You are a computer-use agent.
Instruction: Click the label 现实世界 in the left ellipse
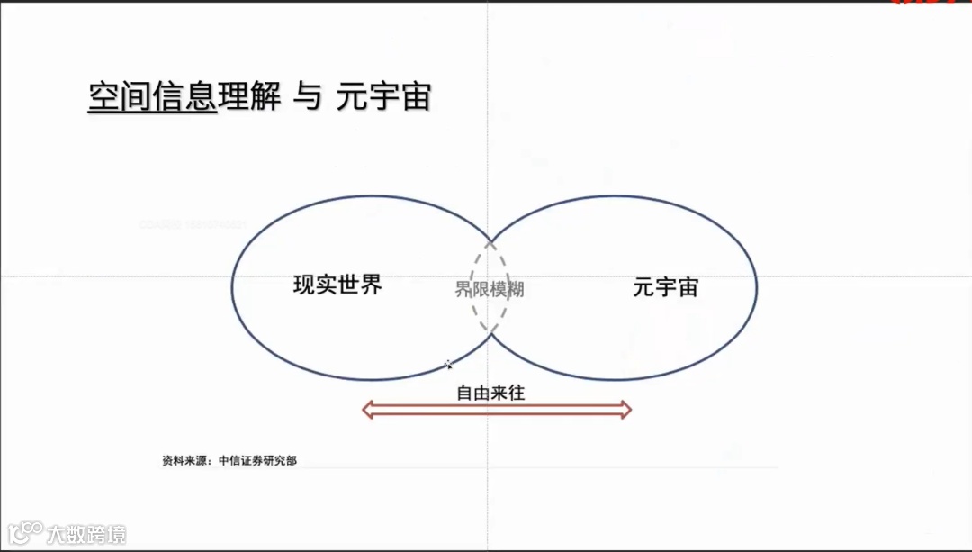pos(338,285)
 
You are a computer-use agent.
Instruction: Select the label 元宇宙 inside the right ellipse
pos(666,287)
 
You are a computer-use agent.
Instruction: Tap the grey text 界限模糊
pos(490,289)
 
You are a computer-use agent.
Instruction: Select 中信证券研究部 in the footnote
pos(257,460)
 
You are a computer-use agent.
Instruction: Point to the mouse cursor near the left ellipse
pos(447,364)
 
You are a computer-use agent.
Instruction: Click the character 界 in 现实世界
pos(372,285)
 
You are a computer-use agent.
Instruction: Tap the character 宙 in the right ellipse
pos(688,287)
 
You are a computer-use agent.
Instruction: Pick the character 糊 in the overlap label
pos(516,289)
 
